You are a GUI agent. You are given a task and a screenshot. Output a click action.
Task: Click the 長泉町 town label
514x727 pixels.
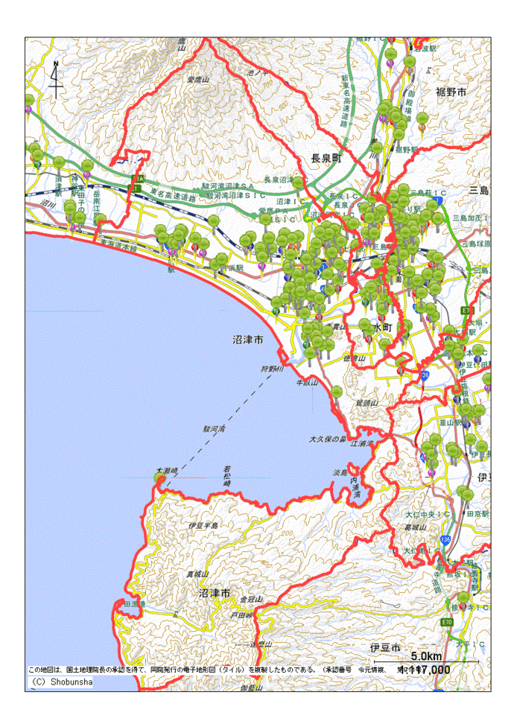(326, 158)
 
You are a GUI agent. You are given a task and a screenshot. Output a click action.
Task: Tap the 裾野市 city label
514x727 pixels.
(451, 92)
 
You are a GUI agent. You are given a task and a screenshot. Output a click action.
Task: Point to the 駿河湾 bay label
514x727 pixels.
(216, 430)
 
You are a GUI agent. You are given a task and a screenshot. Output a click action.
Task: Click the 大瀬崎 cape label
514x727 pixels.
(166, 471)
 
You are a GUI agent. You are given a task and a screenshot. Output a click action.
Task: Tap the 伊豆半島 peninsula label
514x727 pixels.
(205, 526)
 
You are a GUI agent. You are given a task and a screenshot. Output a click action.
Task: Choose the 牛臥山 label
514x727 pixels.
(307, 382)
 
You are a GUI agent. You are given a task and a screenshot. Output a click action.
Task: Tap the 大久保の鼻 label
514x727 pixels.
(328, 439)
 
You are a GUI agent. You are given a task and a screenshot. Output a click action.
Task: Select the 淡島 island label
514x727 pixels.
(340, 472)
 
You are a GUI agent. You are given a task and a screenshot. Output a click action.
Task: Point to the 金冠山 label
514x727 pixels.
(252, 600)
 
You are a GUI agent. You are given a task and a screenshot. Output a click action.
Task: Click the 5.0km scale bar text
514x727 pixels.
(426, 656)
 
